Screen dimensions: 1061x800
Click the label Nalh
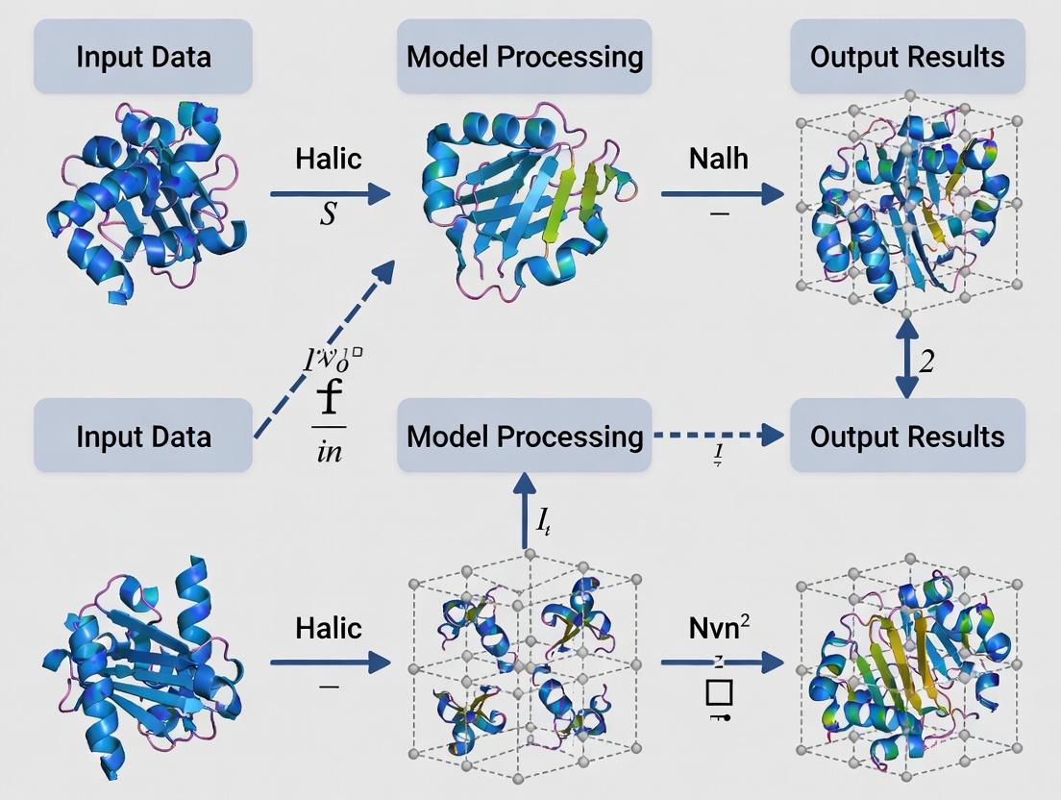pyautogui.click(x=718, y=158)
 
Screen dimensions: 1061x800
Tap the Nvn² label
pyautogui.click(x=720, y=628)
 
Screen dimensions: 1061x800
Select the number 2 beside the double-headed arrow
pyautogui.click(x=927, y=362)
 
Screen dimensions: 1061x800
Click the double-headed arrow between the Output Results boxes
pyautogui.click(x=905, y=359)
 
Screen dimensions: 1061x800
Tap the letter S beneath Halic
pyautogui.click(x=329, y=213)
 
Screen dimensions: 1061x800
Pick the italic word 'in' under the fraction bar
pyautogui.click(x=329, y=450)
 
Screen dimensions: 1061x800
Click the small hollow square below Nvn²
pyautogui.click(x=719, y=692)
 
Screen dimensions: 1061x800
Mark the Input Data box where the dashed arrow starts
pyautogui.click(x=143, y=436)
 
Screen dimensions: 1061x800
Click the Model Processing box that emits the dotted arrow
pyautogui.click(x=524, y=436)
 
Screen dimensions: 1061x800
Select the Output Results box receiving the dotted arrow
pyautogui.click(x=906, y=436)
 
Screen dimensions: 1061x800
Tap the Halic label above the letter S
pyautogui.click(x=329, y=158)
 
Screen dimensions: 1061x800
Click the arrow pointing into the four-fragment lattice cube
pyautogui.click(x=330, y=662)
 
